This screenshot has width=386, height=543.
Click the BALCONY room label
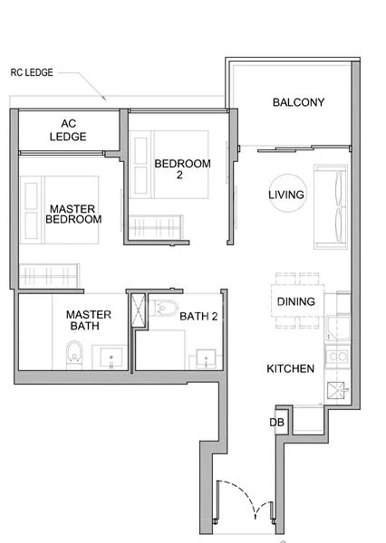coord(298,102)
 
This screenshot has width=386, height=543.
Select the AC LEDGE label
coord(73,130)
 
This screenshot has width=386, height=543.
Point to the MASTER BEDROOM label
coord(74,213)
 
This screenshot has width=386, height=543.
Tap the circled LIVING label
coord(286,195)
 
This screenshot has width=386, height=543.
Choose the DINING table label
coord(296,301)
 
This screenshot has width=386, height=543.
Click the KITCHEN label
coord(290,369)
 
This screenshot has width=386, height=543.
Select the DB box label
coord(277,422)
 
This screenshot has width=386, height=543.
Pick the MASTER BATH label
coord(89,321)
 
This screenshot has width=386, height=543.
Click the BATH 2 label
coord(198,316)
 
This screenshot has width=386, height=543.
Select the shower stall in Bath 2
coord(138,310)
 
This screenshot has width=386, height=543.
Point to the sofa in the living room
coord(332,206)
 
